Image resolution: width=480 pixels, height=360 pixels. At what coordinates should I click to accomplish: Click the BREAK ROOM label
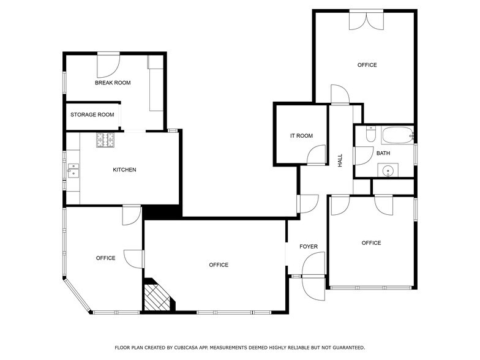(x=113, y=83)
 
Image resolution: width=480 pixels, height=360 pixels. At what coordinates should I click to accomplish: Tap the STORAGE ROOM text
(x=92, y=114)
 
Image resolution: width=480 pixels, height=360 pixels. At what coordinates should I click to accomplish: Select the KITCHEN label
(x=124, y=170)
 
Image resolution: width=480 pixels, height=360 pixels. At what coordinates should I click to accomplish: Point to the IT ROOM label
(x=301, y=136)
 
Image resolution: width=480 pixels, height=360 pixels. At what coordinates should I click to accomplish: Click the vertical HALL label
(x=340, y=160)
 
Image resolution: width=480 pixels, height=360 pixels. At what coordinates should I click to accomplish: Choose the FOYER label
(x=309, y=247)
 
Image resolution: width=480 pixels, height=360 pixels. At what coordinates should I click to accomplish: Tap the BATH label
(x=383, y=153)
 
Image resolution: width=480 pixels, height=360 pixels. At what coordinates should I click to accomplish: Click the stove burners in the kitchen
(x=105, y=140)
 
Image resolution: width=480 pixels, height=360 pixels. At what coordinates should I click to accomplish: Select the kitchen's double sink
(x=73, y=170)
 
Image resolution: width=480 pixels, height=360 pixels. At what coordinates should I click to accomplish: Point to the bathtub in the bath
(x=397, y=135)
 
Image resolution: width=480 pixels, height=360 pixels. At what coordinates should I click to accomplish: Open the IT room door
(x=318, y=156)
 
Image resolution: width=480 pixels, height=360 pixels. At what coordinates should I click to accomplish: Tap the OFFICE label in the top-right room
(x=367, y=65)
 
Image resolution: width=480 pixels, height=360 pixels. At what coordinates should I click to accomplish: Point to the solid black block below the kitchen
(x=162, y=211)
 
